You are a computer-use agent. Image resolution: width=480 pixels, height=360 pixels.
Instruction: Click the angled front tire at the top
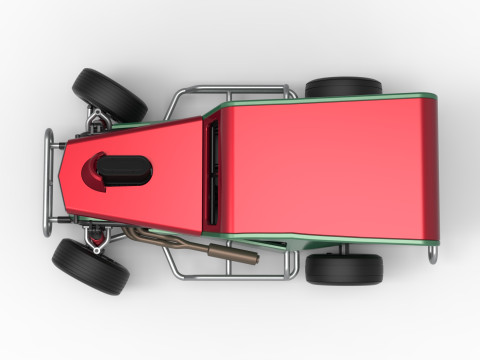tap(110, 93)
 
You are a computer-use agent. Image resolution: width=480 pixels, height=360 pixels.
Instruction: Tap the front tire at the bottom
tap(91, 266)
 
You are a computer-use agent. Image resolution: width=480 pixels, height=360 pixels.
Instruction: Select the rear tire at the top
tap(343, 87)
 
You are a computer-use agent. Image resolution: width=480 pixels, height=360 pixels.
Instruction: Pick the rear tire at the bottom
tap(344, 269)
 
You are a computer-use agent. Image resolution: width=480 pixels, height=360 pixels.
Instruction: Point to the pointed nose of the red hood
tap(66, 180)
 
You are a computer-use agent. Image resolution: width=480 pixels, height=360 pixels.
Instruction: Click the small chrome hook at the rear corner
tap(433, 254)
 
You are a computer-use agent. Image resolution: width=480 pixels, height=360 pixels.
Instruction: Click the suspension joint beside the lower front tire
tap(96, 240)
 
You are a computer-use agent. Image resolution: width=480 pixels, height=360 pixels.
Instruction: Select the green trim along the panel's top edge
tap(320, 98)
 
